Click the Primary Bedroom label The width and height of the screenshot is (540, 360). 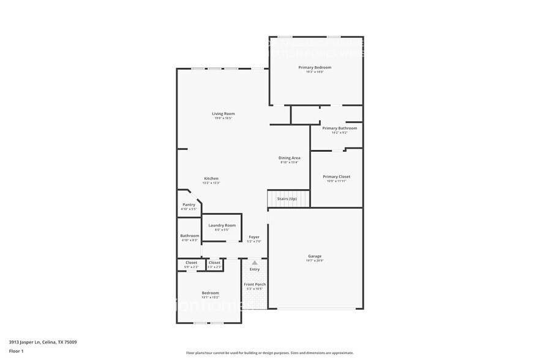coord(315,67)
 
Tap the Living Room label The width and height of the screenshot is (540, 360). coord(223,113)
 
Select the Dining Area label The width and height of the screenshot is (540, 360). coord(290,158)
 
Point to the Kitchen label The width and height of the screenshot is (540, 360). coord(211,178)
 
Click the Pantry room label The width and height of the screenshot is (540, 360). coord(189,204)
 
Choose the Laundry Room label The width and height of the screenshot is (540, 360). coord(222,225)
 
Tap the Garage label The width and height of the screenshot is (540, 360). coord(315,256)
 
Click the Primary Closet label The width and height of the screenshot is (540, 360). coord(336,176)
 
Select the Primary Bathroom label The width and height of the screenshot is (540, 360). coord(339,128)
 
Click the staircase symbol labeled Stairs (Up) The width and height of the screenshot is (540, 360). coord(288,199)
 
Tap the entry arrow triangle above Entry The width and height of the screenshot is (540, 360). coord(255,263)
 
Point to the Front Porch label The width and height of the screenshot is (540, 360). coord(254,284)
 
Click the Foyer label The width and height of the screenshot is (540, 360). coord(254,236)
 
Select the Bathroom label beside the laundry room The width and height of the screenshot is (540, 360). coord(189,236)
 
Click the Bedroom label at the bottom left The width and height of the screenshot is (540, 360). coord(210,293)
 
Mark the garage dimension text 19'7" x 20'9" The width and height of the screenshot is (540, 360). coord(315,261)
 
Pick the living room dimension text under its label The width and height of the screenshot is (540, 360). coord(223,118)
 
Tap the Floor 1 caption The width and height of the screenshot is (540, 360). coord(16,351)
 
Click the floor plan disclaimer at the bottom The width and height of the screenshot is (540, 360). coord(269,353)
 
